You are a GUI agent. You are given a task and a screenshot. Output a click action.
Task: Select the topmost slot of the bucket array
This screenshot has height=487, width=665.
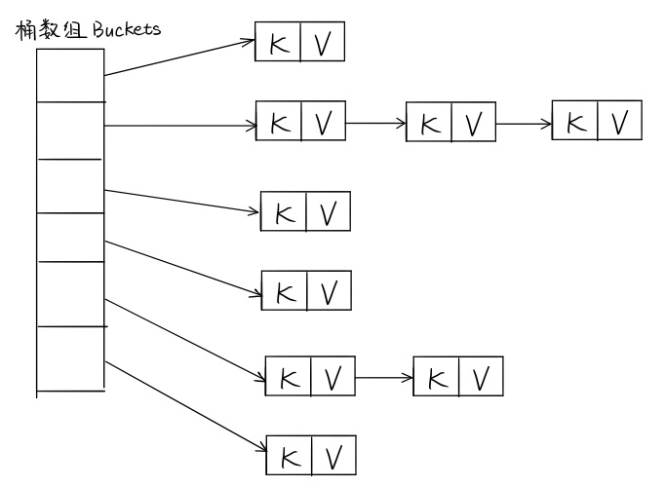coord(70,73)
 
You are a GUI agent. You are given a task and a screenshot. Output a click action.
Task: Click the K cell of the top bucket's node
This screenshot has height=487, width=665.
coord(277,43)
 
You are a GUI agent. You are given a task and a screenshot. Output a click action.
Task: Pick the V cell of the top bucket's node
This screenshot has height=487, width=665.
coord(322,43)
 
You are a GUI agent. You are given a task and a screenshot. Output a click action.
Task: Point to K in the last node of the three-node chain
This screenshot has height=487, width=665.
coord(575,122)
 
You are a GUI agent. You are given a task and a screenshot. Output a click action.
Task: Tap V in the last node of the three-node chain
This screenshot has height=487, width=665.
coord(619,122)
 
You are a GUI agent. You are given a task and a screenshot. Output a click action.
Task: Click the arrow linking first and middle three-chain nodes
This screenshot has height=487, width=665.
coord(375,125)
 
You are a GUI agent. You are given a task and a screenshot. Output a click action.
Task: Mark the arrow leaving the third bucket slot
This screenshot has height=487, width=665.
coord(180,199)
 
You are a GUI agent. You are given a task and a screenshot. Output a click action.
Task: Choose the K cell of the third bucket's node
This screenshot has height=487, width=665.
coord(284,211)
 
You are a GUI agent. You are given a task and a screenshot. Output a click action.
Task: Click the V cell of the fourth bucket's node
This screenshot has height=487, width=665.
coord(328,289)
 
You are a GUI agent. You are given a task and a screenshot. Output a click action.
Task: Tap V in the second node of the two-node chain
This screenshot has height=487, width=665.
coord(480,376)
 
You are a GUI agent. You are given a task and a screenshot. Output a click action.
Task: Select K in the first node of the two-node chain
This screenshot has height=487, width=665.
coord(288,376)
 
